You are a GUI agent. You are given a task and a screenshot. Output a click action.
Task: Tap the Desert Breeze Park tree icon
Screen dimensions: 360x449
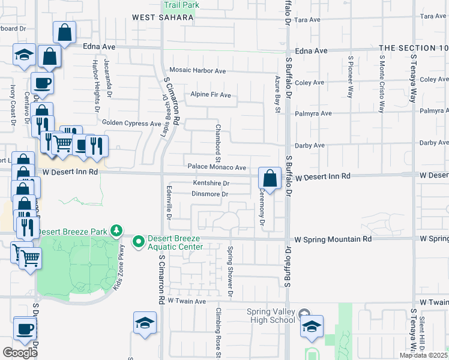[x=118, y=230]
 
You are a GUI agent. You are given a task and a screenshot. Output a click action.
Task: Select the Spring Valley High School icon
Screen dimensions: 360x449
[x=305, y=313]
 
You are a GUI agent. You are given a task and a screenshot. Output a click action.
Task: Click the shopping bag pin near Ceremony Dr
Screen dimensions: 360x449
[x=270, y=178]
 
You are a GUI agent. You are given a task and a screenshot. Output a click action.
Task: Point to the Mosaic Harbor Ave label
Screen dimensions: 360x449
[x=197, y=71]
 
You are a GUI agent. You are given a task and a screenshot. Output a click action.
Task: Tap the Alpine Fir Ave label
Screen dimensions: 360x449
[x=211, y=95]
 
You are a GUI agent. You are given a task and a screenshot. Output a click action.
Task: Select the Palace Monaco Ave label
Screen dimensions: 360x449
[x=217, y=167]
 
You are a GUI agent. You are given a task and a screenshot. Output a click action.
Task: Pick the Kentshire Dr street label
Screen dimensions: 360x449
[x=211, y=183]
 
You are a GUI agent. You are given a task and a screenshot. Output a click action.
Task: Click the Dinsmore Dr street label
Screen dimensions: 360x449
[x=209, y=194]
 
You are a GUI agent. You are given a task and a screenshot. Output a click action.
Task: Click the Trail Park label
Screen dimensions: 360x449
[x=181, y=5]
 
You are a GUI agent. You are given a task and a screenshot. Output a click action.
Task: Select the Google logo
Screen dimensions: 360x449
[x=20, y=353]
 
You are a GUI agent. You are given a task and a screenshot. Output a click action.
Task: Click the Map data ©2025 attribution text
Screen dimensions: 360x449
[x=424, y=355]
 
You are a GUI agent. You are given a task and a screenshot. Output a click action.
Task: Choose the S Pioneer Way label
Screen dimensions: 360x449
[x=351, y=76]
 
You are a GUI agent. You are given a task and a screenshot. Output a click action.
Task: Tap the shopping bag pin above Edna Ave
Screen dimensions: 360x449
[x=64, y=32]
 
